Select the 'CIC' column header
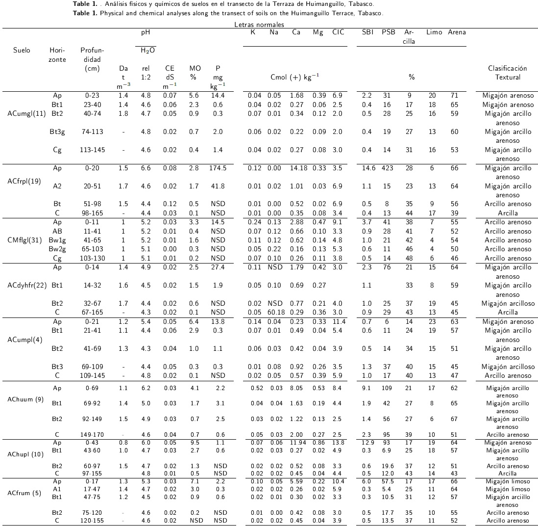click(x=338, y=32)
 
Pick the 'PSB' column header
click(x=389, y=32)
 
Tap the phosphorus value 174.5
click(x=218, y=168)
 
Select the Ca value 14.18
click(x=296, y=168)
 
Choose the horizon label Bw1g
click(x=57, y=240)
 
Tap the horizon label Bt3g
click(x=57, y=132)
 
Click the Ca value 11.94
click(x=296, y=443)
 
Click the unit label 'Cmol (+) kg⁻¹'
click(x=295, y=77)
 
